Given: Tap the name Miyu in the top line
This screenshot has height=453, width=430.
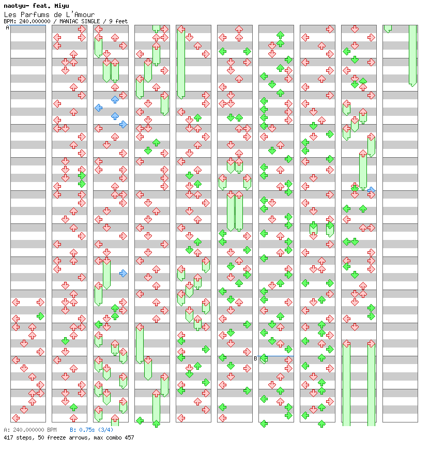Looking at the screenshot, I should [x=55, y=6].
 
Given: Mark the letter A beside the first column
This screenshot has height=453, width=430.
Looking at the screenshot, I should [x=7, y=28].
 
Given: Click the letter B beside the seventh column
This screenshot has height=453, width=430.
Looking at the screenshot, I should [x=255, y=358].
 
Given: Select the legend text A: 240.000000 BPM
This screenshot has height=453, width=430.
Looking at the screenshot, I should [x=29, y=430].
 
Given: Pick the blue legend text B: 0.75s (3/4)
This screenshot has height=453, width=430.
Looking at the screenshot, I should [x=91, y=430].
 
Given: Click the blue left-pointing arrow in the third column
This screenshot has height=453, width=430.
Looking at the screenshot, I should [x=98, y=108].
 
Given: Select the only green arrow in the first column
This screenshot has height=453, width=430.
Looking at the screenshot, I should [x=40, y=316].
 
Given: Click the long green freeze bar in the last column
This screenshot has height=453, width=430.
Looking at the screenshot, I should [x=412, y=55].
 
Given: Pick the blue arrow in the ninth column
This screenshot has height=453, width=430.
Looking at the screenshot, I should [x=371, y=190].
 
